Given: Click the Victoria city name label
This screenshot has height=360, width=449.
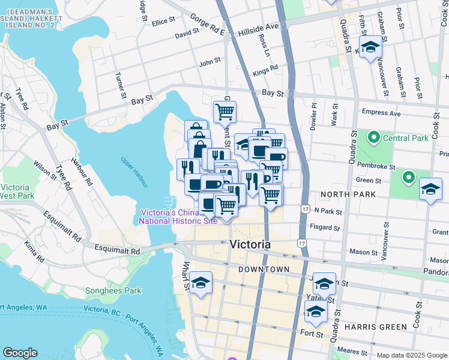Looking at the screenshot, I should point(250,245).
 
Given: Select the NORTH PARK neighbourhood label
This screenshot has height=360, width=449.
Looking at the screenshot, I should point(348,194).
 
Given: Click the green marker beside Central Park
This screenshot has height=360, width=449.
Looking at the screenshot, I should point(374,138).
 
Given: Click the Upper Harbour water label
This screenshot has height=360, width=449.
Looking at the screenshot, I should point(134,170).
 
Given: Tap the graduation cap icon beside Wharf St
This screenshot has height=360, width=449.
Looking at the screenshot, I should point(201,281).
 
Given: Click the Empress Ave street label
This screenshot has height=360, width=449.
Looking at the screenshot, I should point(381,112).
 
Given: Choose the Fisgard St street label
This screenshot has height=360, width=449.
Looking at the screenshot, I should point(325,227).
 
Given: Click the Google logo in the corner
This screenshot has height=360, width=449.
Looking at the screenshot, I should point(20,353).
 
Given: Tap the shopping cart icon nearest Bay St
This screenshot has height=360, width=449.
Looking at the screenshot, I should point(224,111).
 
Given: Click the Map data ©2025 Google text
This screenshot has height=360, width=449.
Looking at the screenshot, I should point(412,355).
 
